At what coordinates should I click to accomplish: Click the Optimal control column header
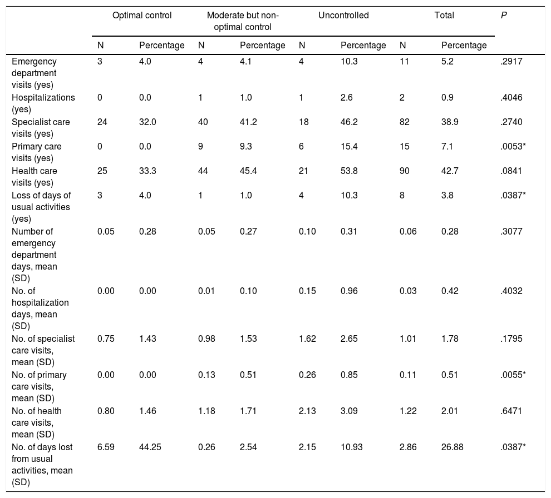click(142, 16)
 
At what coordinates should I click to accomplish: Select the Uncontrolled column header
click(343, 16)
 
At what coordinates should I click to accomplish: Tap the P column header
click(504, 16)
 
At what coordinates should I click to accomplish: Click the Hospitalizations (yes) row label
click(43, 103)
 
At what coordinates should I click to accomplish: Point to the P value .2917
click(511, 62)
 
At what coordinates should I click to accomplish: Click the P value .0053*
click(513, 146)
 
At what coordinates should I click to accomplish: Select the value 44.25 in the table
click(150, 447)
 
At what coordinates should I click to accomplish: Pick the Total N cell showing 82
click(405, 122)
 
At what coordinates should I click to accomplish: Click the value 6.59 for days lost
click(106, 447)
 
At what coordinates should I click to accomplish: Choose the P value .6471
click(511, 411)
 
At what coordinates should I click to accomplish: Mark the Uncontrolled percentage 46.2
click(349, 122)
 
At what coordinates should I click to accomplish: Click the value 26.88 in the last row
click(452, 447)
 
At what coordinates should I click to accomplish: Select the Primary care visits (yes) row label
click(37, 152)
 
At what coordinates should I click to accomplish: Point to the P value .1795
click(511, 338)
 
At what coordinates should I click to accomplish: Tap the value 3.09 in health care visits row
click(349, 411)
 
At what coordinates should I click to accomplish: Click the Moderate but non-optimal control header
click(243, 21)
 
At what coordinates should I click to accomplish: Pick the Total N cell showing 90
click(405, 171)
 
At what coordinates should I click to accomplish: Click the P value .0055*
click(513, 375)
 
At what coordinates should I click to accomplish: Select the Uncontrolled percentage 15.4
click(349, 146)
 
